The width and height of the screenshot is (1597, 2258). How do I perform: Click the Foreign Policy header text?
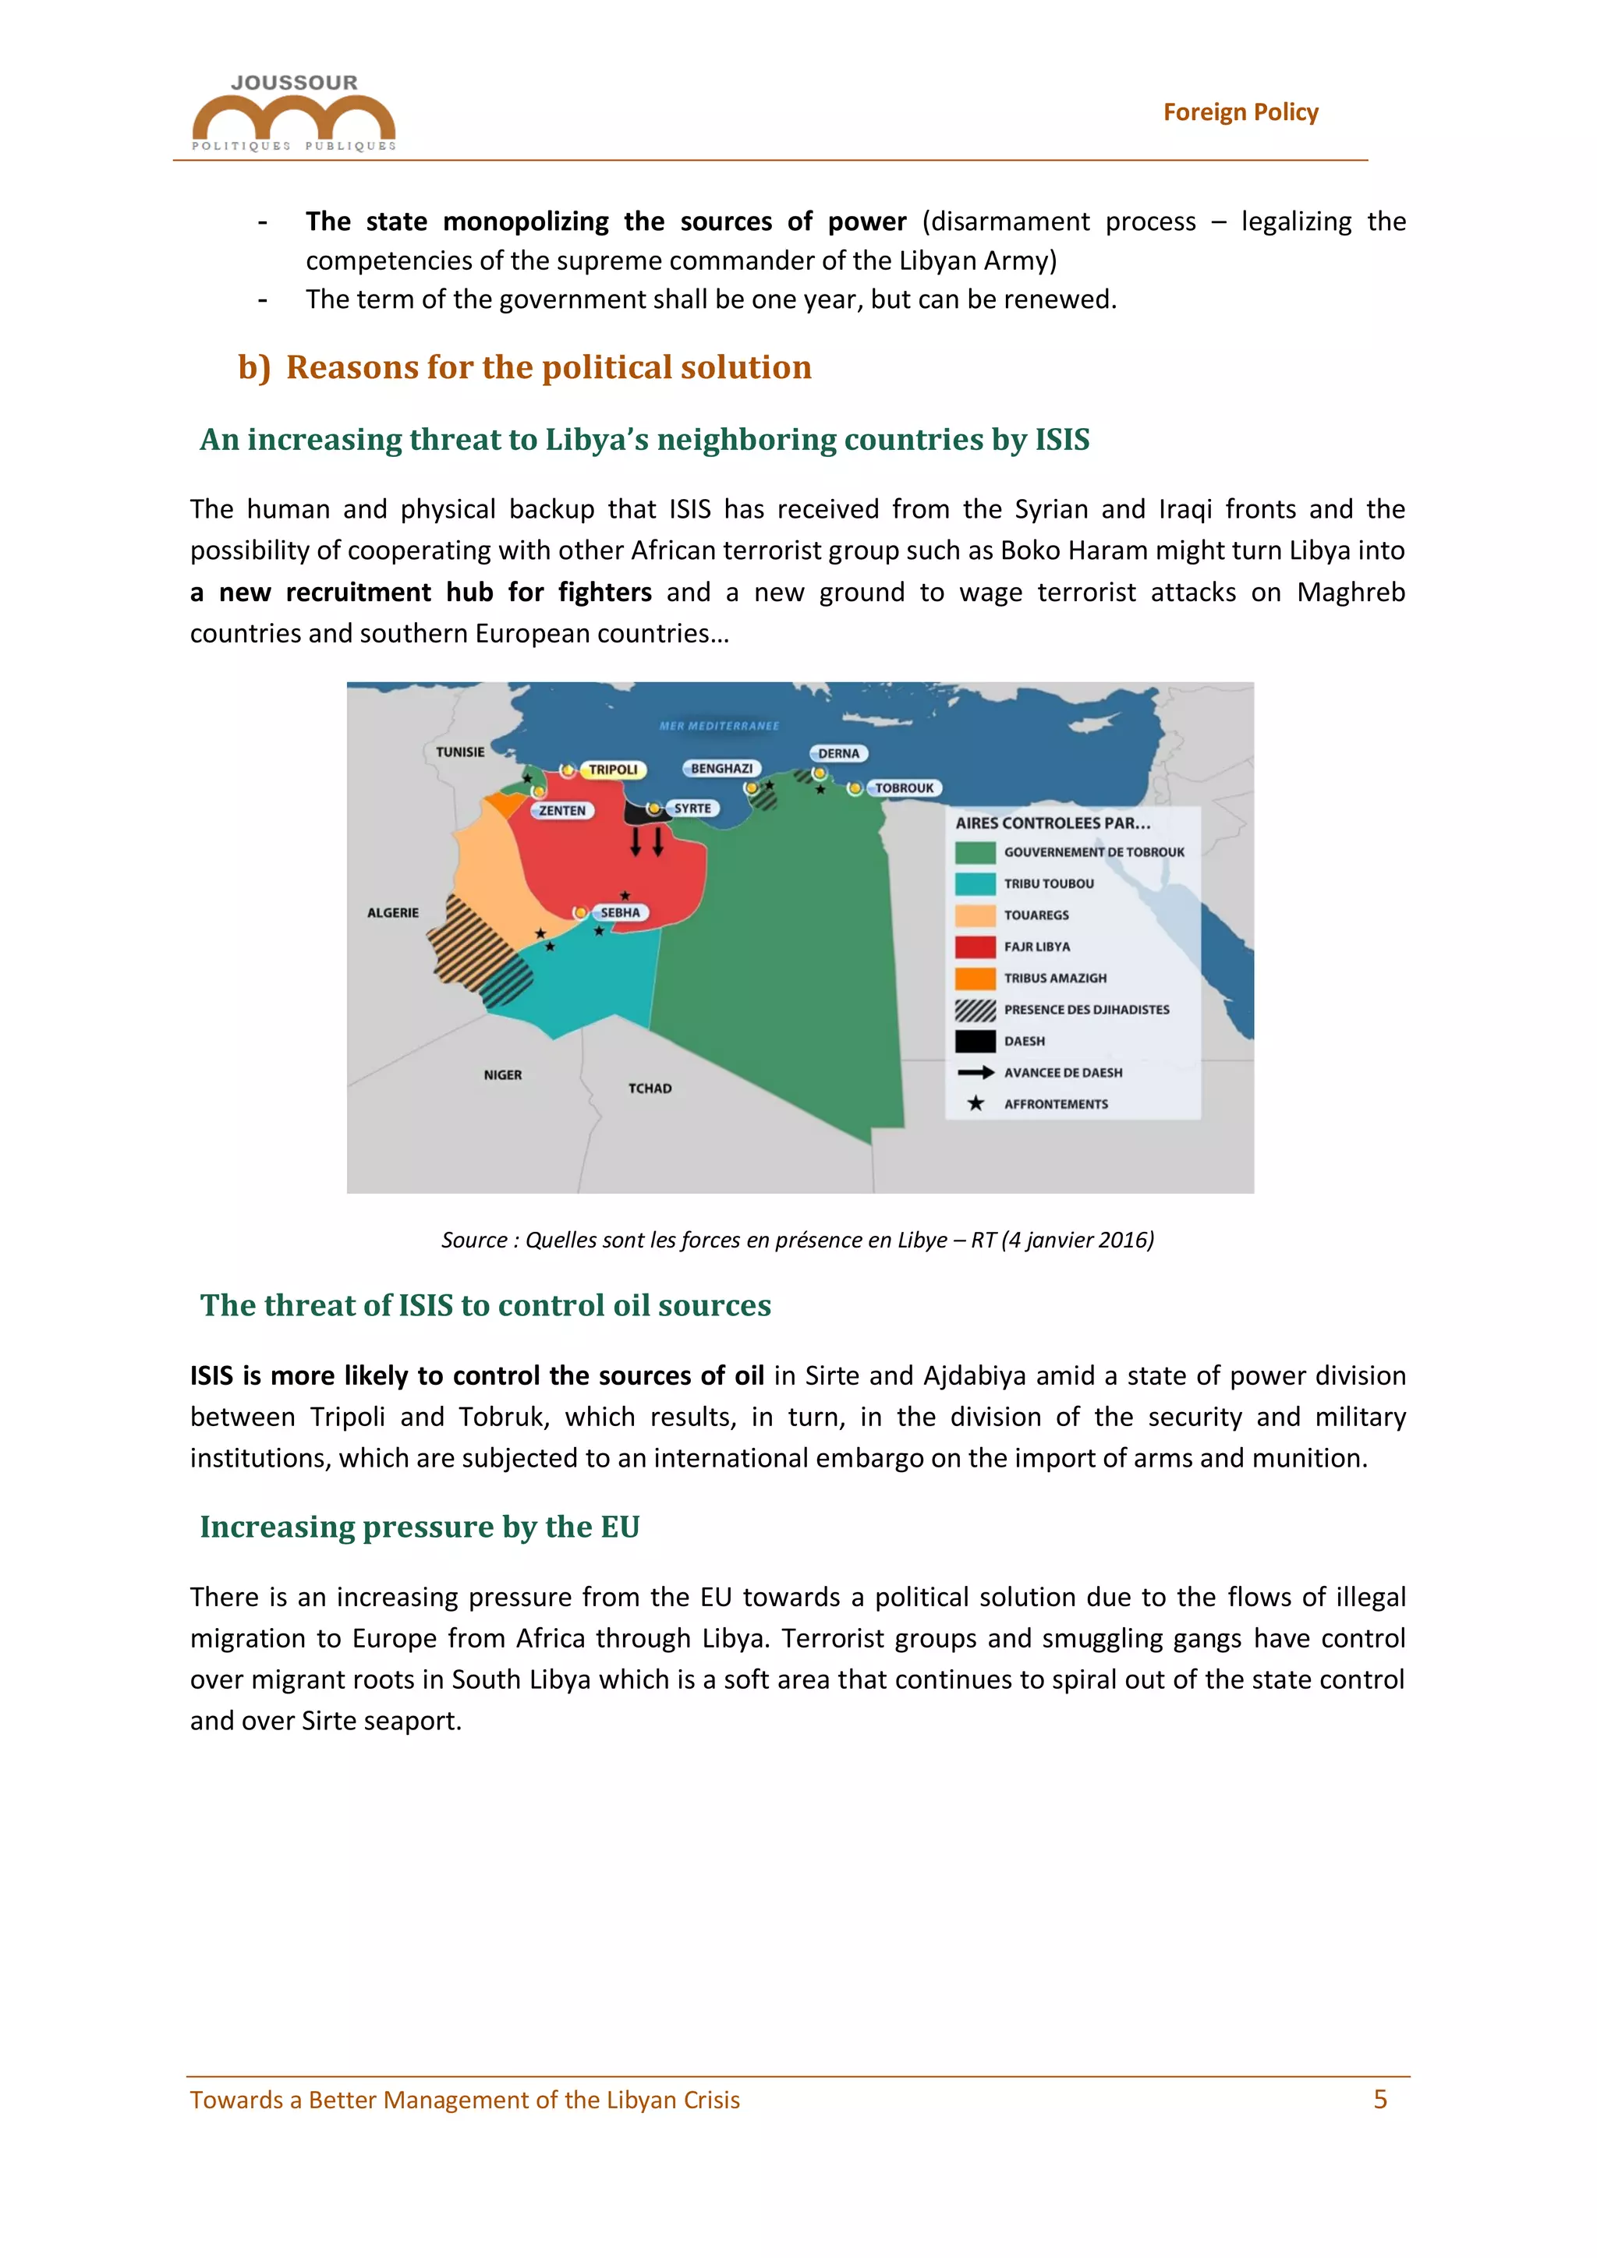point(1240,112)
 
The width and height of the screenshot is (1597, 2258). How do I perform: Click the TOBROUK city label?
point(904,787)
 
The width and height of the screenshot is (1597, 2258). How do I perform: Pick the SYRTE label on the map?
point(692,809)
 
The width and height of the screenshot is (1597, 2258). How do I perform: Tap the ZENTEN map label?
point(561,810)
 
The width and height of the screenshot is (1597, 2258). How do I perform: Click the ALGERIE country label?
point(392,913)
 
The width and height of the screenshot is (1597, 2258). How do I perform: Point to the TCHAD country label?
point(650,1088)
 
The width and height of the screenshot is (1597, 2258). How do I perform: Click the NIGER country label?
point(502,1075)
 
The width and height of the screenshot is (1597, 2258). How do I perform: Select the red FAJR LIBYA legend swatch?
point(975,946)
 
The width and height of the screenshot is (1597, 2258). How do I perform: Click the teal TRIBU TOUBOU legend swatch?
point(975,883)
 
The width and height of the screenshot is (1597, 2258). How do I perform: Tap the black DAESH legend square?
point(975,1040)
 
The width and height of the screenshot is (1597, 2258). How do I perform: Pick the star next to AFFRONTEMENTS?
point(975,1103)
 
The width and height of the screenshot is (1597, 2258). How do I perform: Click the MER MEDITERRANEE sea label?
point(719,726)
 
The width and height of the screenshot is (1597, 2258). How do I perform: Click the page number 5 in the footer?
point(1379,2100)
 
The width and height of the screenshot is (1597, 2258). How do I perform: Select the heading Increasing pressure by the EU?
point(420,1527)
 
